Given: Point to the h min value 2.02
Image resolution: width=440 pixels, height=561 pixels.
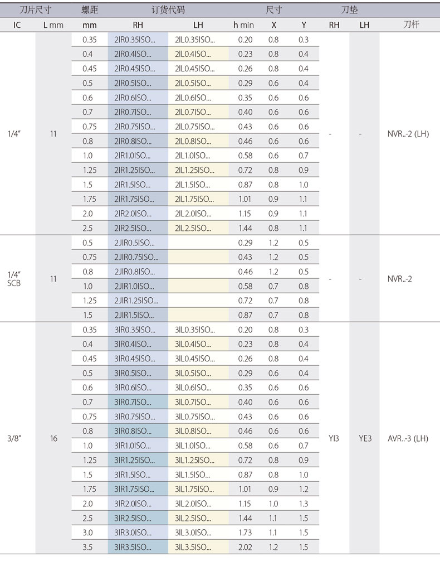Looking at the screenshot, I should (x=245, y=547).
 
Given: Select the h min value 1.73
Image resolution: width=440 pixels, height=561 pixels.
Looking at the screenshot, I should (x=245, y=533).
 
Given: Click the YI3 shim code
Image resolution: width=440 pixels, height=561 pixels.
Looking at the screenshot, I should (x=334, y=438).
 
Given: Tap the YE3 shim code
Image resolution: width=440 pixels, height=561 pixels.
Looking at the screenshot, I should (x=364, y=438).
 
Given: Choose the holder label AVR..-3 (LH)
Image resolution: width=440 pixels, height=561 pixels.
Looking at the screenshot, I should (x=408, y=438).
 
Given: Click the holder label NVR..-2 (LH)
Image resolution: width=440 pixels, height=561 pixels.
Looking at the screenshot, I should (x=408, y=134).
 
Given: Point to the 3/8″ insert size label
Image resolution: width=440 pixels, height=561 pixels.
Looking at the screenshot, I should (x=16, y=438).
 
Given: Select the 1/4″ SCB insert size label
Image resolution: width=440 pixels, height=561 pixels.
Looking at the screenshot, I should (x=16, y=279).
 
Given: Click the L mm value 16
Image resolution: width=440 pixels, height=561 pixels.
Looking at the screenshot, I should (x=53, y=438).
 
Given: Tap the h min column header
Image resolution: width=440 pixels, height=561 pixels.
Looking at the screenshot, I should (x=243, y=25).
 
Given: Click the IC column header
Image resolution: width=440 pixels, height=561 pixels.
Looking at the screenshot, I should (x=17, y=25).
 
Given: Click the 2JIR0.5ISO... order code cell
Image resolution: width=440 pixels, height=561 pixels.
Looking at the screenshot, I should (x=135, y=243).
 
